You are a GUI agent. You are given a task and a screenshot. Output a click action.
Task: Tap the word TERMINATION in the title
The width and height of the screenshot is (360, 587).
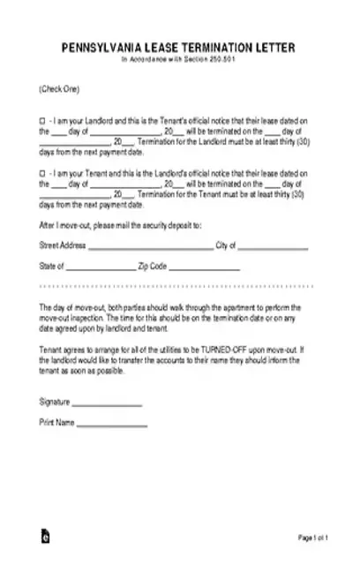point(235,47)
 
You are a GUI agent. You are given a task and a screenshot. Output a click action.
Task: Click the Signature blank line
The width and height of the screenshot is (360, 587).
point(106,403)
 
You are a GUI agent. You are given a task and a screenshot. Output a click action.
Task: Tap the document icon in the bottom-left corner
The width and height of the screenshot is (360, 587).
point(45,561)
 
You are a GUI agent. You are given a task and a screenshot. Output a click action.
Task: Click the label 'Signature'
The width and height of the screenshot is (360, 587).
point(54,402)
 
